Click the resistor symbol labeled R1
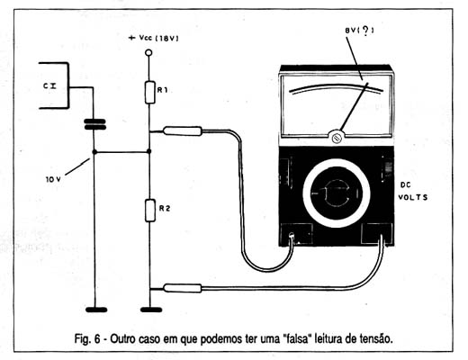click(x=149, y=93)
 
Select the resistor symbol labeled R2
click(x=150, y=211)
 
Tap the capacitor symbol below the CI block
click(x=95, y=124)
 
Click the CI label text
click(x=50, y=86)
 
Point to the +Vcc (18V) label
click(x=153, y=38)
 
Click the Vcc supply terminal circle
click(x=148, y=53)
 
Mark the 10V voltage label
click(x=53, y=179)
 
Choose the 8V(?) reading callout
click(x=359, y=31)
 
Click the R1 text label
click(x=162, y=90)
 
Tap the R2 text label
click(x=165, y=208)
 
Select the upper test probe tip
click(x=182, y=131)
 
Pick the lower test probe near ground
click(x=182, y=288)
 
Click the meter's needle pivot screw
click(x=337, y=138)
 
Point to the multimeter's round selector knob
click(x=337, y=193)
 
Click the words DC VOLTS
click(x=413, y=191)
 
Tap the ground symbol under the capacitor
click(x=96, y=310)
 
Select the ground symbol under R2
click(x=151, y=310)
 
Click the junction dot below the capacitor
click(x=94, y=152)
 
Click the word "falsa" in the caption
click(x=295, y=338)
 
